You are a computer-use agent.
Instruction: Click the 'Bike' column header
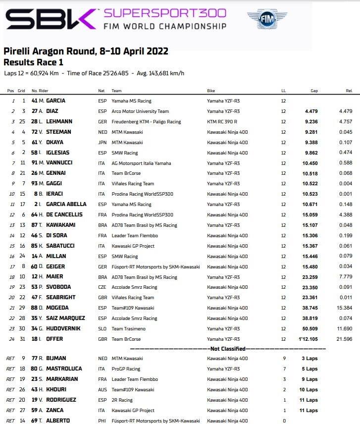(x=211, y=91)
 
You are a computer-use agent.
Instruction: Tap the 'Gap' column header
(x=314, y=91)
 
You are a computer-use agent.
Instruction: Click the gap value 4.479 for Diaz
(x=310, y=111)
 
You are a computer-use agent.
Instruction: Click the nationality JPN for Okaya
(x=102, y=142)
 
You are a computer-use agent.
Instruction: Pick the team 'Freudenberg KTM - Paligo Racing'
(x=146, y=121)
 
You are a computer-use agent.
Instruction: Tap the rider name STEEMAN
(x=58, y=132)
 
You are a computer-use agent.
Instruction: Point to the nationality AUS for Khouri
(x=102, y=389)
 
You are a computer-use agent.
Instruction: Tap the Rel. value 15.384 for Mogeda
(x=344, y=308)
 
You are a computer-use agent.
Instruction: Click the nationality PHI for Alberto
(x=102, y=421)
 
